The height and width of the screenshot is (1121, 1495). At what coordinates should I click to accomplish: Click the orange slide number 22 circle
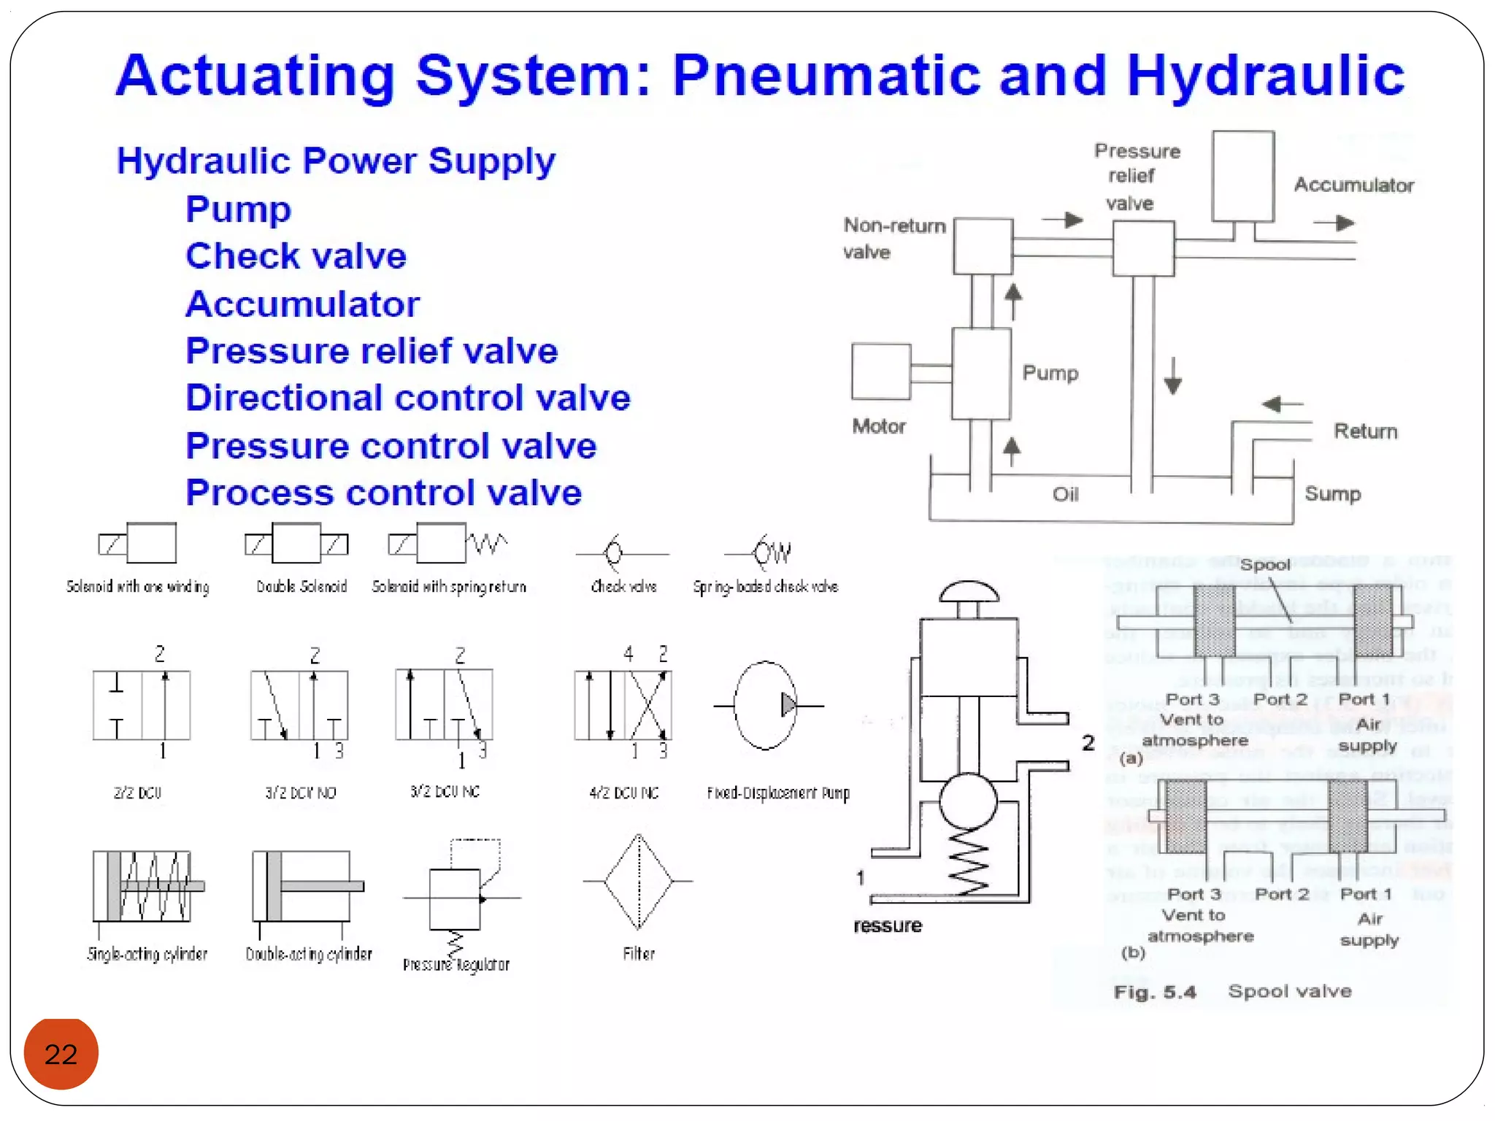pos(61,1053)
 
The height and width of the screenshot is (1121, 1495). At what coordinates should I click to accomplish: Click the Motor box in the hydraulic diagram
pos(881,371)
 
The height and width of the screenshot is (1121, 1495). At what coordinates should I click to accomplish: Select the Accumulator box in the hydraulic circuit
pos(1242,176)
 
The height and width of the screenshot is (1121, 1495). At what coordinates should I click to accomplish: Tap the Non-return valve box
pos(983,246)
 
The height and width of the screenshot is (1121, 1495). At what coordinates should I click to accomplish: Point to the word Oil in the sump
pos(1065,495)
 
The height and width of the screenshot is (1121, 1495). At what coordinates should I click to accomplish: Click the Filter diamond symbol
pos(638,882)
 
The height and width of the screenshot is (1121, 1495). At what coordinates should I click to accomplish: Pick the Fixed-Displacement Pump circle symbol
pos(764,705)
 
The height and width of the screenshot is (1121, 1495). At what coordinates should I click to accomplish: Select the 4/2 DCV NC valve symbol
pos(623,705)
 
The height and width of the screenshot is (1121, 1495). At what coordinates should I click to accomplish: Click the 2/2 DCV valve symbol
pos(142,705)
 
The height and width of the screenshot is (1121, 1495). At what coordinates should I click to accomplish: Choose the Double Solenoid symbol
pos(296,543)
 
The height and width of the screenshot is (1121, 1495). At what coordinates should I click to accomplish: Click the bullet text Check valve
pos(296,256)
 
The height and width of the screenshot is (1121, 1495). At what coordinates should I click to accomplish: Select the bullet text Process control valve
pos(383,493)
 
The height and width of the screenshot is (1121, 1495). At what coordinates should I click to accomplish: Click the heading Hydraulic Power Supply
pos(336,161)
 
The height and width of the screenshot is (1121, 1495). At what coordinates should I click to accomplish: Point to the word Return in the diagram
pos(1365,431)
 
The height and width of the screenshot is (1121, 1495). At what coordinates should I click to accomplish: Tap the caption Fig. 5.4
pos(1154,992)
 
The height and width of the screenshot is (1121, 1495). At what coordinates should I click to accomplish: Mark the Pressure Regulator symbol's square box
pos(454,898)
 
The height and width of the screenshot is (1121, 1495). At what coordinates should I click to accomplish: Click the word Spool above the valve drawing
pos(1264,564)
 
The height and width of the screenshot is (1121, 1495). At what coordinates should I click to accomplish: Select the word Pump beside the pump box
pos(1050,373)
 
